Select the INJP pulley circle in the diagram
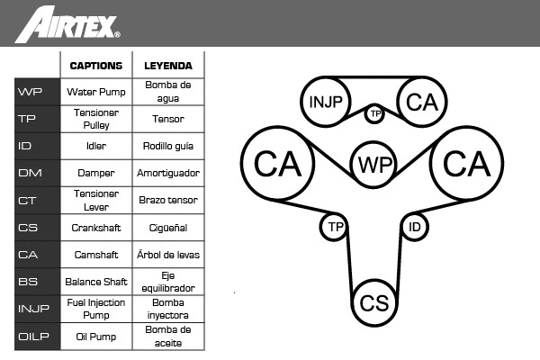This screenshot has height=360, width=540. tap(326, 102)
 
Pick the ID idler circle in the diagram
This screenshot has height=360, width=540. tap(414, 227)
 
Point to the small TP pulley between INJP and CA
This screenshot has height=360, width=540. tap(374, 113)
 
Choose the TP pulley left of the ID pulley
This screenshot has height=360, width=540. tap(335, 227)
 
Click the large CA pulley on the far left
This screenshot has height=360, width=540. tap(277, 164)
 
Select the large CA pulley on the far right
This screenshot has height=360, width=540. tap(466, 164)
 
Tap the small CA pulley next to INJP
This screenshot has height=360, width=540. tap(420, 102)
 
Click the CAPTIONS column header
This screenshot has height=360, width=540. tap(95, 66)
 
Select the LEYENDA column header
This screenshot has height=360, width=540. tap(168, 66)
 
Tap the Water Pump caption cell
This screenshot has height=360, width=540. tap(95, 92)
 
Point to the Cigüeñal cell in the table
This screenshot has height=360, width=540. tap(168, 228)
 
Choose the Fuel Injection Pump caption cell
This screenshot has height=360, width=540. tap(95, 309)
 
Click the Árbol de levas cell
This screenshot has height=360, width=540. tap(168, 255)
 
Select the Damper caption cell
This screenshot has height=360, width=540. tap(95, 173)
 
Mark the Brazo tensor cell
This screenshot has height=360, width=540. tap(168, 200)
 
